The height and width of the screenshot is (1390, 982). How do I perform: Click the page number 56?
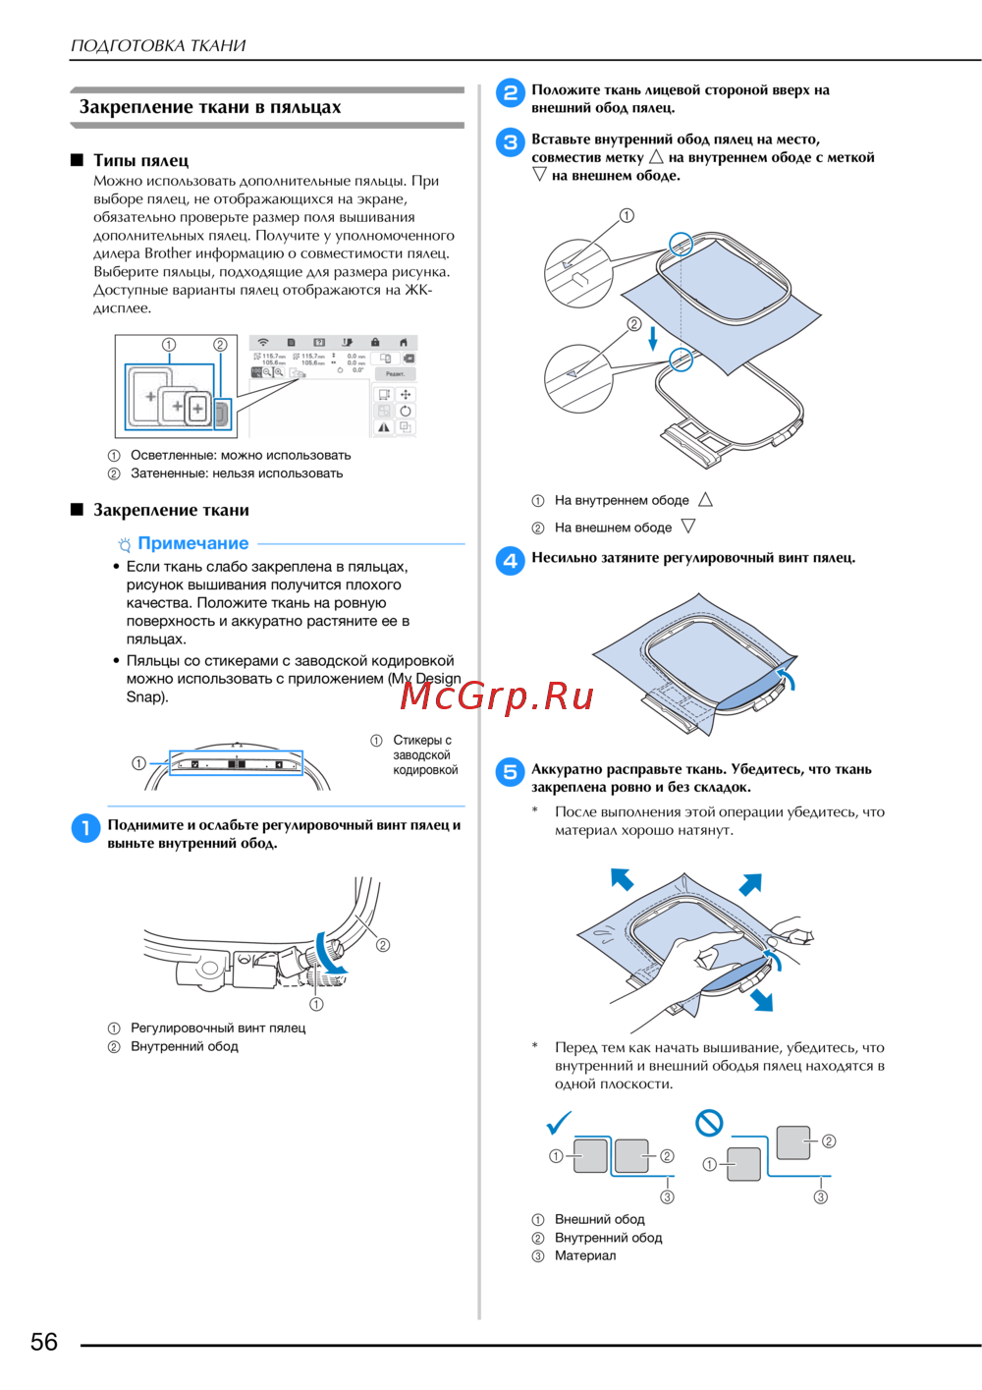pos(44,1342)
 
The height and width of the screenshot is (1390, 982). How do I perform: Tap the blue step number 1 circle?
pos(85,828)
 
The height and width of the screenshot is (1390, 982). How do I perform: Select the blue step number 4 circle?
pos(510,560)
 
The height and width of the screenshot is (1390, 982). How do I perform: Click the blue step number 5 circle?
pos(510,772)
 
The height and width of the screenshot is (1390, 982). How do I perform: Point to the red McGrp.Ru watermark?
pos(497,695)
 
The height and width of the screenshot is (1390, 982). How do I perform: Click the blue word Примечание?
pos(193,543)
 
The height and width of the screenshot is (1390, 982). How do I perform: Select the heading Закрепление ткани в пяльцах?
pos(210,107)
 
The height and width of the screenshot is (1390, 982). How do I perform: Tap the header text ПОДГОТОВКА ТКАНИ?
pos(158,45)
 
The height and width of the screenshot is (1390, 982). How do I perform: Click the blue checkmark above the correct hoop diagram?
pos(559,1122)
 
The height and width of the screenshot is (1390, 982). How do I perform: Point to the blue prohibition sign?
pos(709,1122)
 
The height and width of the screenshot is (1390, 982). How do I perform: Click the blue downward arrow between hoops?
pos(652,339)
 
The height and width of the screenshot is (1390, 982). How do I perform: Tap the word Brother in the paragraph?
pos(168,253)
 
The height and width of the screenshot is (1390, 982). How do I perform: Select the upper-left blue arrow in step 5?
pos(622,878)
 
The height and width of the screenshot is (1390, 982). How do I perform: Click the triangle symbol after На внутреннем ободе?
pos(705,500)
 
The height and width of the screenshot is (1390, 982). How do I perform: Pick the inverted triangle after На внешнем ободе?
pos(688,527)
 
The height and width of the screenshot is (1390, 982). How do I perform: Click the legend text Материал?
pos(585,1255)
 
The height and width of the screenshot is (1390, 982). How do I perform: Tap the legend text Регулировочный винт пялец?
pos(218,1028)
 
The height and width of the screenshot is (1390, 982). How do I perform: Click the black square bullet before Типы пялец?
pos(77,160)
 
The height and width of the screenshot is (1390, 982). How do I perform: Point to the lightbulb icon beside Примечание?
pos(125,544)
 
